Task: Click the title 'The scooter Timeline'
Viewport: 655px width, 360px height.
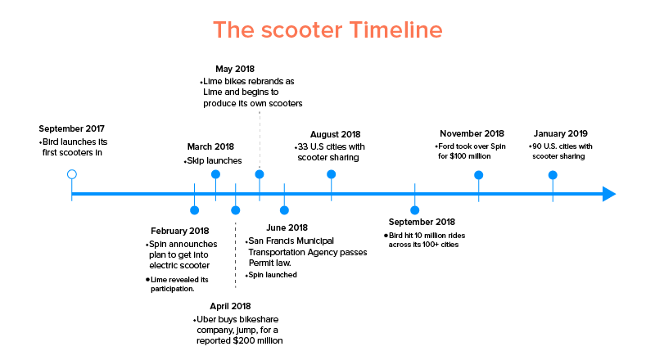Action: click(x=327, y=30)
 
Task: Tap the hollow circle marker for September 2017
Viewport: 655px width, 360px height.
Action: click(x=72, y=170)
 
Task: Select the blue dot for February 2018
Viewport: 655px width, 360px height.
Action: click(x=194, y=210)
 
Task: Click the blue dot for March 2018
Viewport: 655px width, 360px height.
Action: click(x=215, y=174)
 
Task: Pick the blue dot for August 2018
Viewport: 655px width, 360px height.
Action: click(x=332, y=174)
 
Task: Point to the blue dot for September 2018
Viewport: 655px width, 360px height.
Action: click(x=415, y=210)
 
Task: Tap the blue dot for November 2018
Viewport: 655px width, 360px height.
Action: click(x=479, y=175)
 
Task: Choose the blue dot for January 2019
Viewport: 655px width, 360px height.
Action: click(x=553, y=175)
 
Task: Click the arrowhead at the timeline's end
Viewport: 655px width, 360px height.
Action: click(x=609, y=194)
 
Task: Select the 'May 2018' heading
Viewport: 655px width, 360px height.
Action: click(x=235, y=69)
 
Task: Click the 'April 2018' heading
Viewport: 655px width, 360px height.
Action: click(x=230, y=306)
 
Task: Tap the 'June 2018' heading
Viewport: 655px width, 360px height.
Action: click(x=287, y=227)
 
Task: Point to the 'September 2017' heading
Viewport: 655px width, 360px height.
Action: click(x=71, y=128)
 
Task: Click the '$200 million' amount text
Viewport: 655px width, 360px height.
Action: click(x=258, y=341)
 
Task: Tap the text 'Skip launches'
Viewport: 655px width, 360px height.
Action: click(x=215, y=161)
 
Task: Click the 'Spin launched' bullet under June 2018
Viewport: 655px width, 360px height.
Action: click(x=273, y=275)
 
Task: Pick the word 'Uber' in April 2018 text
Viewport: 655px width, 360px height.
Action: click(x=206, y=319)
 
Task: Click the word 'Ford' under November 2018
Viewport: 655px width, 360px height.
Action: click(x=446, y=146)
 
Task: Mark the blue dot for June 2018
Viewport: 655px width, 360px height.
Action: click(x=284, y=210)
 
